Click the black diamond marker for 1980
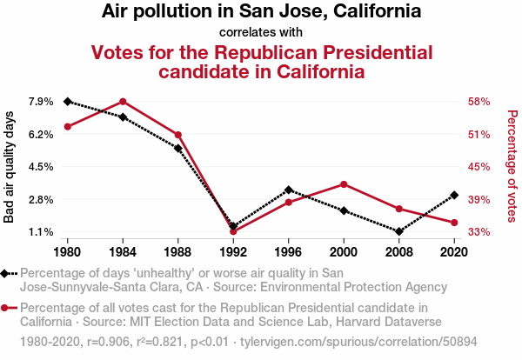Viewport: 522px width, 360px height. coord(68,102)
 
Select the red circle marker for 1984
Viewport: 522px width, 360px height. coord(123,102)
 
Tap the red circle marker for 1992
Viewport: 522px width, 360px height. coord(233,231)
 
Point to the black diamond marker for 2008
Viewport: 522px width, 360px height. coord(399,231)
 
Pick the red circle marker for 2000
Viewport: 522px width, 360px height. coord(344,184)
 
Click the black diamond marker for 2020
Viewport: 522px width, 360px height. coord(454,196)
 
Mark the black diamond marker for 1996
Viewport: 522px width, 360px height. coord(289,190)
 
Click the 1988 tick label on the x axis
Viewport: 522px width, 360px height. coord(177,252)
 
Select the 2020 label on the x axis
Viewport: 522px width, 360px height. coord(454,252)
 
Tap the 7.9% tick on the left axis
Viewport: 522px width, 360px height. coord(41,102)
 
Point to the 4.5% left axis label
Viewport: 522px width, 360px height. coord(41,166)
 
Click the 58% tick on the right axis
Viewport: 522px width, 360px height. coord(478,102)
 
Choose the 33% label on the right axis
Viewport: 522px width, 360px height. coord(478,231)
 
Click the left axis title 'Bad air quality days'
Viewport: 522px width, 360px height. coord(9,167)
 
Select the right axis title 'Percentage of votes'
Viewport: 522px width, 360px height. coord(512,166)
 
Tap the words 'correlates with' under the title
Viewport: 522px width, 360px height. coord(261,32)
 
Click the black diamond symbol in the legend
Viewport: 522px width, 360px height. coord(4,274)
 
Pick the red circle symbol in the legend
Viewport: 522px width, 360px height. coord(4,308)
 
